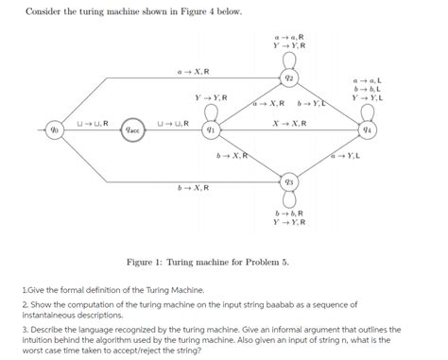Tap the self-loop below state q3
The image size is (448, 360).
tap(290, 198)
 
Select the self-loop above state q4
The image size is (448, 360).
tap(369, 111)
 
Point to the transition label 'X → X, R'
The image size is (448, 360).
tap(287, 124)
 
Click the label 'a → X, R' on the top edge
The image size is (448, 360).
tap(193, 72)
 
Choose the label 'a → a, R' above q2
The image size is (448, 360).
tap(289, 36)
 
